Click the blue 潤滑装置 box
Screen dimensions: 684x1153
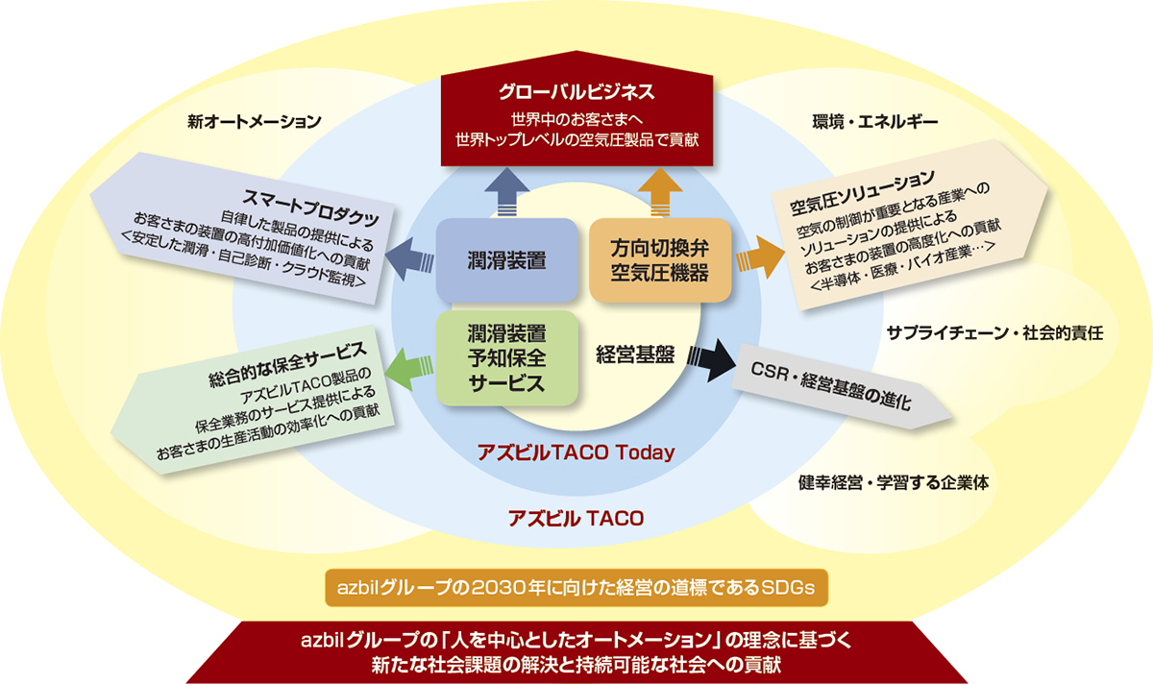point(506,260)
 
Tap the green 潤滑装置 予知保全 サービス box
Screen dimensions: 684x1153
point(506,357)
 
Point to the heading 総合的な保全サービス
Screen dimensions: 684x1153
point(288,363)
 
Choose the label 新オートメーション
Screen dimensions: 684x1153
point(254,122)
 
